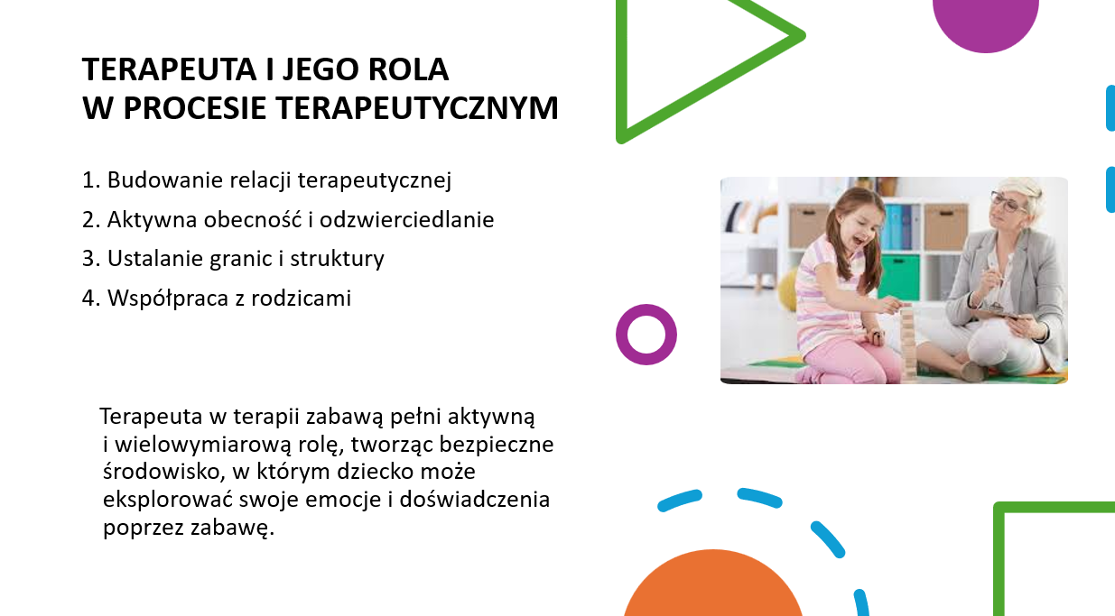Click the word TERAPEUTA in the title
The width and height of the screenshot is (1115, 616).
coord(169,69)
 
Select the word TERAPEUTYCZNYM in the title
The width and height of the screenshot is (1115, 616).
coord(417,108)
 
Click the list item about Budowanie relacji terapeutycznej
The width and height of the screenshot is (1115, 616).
coord(267,180)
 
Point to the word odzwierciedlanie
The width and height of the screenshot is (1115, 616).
coord(406,219)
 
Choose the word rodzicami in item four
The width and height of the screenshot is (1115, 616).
coord(302,298)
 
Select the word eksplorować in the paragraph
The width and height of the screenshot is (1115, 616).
coord(168,500)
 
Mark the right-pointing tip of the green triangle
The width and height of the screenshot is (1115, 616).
coord(803,35)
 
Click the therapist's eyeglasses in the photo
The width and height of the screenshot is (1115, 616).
coord(1008,202)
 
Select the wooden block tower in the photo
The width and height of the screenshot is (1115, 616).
coord(908,343)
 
